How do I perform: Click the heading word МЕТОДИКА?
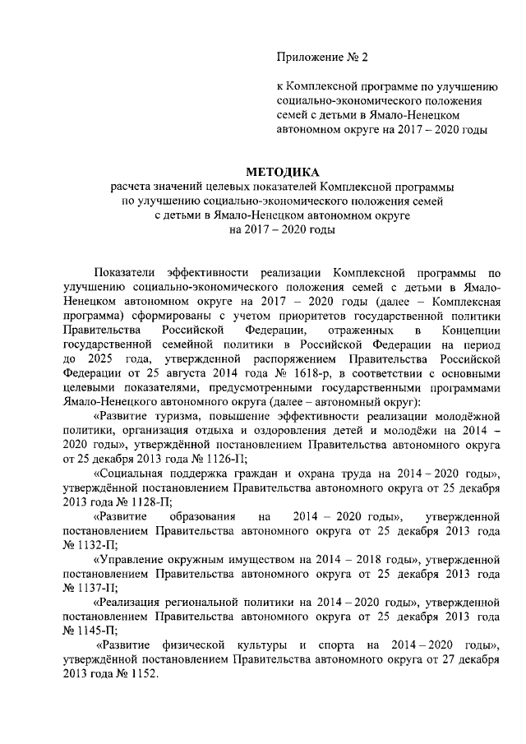coord(283,172)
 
